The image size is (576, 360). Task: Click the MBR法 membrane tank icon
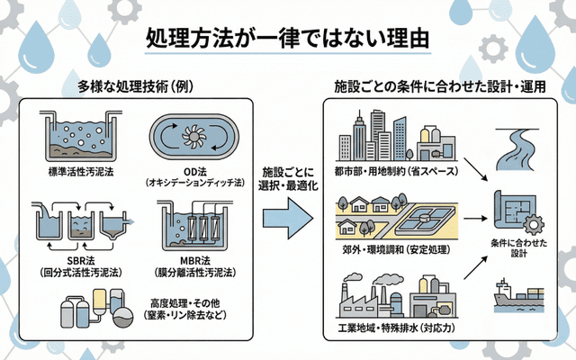[195, 224]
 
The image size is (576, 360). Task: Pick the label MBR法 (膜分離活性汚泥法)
[195, 265]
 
